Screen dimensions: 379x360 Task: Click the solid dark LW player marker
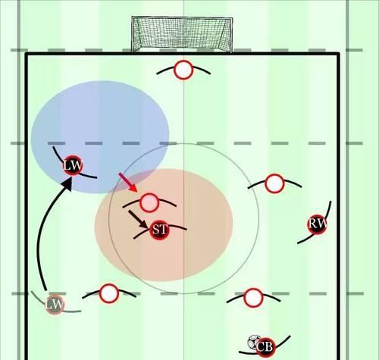pyautogui.click(x=73, y=165)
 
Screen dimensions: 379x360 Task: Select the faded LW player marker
pyautogui.click(x=55, y=304)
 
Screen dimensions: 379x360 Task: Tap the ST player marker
pyautogui.click(x=159, y=230)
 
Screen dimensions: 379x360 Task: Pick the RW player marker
pyautogui.click(x=317, y=224)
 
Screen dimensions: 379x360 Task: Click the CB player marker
pyautogui.click(x=265, y=347)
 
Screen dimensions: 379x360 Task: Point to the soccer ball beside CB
pyautogui.click(x=254, y=343)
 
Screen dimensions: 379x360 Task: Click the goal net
pyautogui.click(x=182, y=35)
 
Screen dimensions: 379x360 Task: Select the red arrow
pyautogui.click(x=128, y=183)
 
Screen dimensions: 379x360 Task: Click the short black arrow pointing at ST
pyautogui.click(x=139, y=220)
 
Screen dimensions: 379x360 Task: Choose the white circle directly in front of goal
pyautogui.click(x=183, y=70)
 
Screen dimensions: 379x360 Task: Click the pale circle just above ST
pyautogui.click(x=149, y=202)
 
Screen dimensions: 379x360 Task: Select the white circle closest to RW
pyautogui.click(x=274, y=183)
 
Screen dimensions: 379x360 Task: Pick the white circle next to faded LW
pyautogui.click(x=109, y=293)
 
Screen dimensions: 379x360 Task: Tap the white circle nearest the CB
pyautogui.click(x=253, y=298)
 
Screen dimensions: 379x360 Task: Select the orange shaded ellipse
pyautogui.click(x=164, y=225)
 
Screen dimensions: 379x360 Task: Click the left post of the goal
pyautogui.click(x=132, y=35)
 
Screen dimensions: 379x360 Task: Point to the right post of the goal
pyautogui.click(x=231, y=36)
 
